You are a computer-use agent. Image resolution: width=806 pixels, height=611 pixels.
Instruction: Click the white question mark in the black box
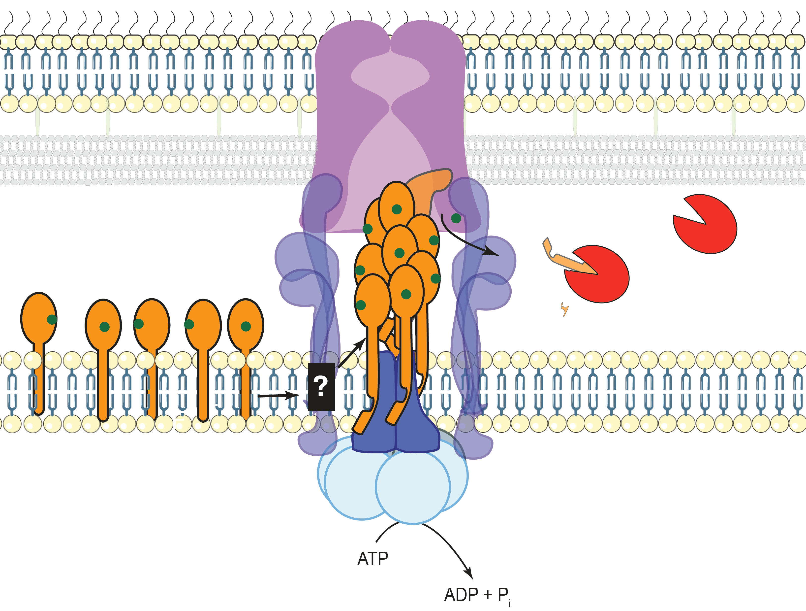(321, 386)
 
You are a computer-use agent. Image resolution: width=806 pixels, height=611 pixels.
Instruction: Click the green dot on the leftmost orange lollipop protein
(52, 320)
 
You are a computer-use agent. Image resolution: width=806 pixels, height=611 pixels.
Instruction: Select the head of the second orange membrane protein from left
(103, 324)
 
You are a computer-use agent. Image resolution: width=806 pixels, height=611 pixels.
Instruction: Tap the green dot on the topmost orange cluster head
(397, 209)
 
